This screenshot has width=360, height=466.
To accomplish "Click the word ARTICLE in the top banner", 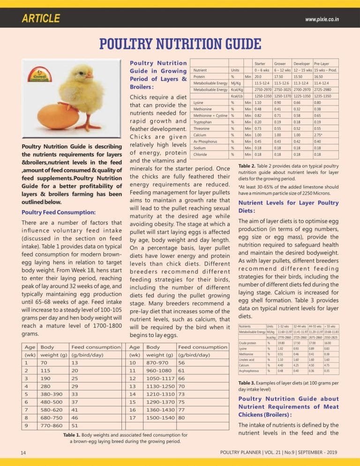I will pyautogui.click(x=41, y=19).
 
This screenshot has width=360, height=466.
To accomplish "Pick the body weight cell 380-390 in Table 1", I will pyautogui.click(x=54, y=394).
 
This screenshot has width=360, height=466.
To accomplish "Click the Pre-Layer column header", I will pyautogui.click(x=322, y=63).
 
